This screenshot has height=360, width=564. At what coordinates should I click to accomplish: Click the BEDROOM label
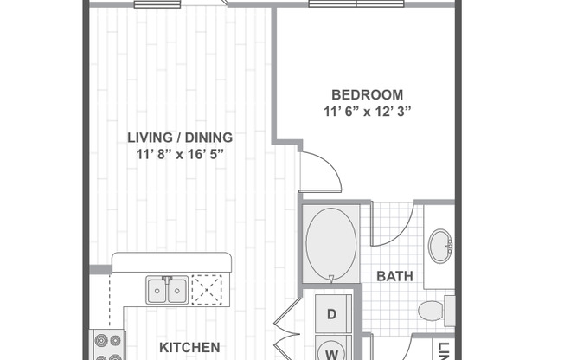(x=368, y=94)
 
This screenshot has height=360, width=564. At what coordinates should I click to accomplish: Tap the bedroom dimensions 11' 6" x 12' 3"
(x=368, y=111)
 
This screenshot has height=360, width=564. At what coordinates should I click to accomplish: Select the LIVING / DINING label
(x=180, y=137)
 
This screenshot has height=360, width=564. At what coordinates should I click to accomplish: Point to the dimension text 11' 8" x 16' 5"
(x=180, y=153)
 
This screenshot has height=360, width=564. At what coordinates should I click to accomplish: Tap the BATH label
(x=394, y=277)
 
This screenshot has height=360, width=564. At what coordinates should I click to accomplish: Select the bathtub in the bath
(x=330, y=242)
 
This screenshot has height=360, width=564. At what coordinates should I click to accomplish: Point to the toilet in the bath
(x=433, y=311)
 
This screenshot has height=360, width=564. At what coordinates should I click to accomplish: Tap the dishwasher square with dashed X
(x=208, y=288)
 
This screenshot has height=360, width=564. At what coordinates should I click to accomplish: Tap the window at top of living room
(x=151, y=3)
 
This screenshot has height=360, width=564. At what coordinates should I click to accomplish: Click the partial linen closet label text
(x=444, y=350)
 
